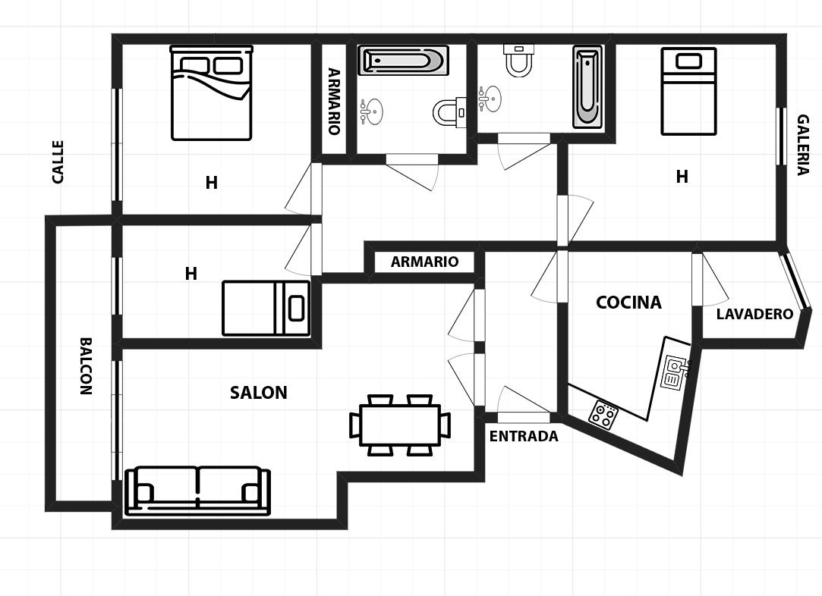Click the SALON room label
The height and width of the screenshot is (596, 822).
tap(259, 393)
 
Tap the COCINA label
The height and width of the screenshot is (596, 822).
tap(628, 303)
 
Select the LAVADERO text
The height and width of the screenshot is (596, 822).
tap(754, 314)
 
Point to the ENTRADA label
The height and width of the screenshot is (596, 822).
tap(524, 436)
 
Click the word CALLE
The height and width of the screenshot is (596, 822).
tap(58, 162)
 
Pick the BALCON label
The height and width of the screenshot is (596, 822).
tap(86, 365)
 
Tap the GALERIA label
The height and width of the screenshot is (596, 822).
tap(803, 145)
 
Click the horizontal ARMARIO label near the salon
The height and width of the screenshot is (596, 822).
tap(424, 262)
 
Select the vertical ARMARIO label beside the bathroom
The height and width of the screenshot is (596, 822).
tap(334, 102)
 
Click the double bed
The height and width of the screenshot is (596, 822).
tap(211, 93)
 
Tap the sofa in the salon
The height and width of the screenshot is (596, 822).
tap(197, 491)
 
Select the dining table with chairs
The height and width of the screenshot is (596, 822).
tap(400, 425)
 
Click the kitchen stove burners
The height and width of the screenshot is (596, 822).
tap(603, 415)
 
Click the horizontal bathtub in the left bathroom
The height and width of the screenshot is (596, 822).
tap(403, 61)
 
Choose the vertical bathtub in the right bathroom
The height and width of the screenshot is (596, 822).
tap(587, 87)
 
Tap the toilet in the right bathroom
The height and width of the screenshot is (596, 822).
tap(518, 60)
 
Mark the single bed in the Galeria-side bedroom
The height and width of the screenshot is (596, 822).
tap(688, 91)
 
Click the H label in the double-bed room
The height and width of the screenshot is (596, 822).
tap(211, 183)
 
